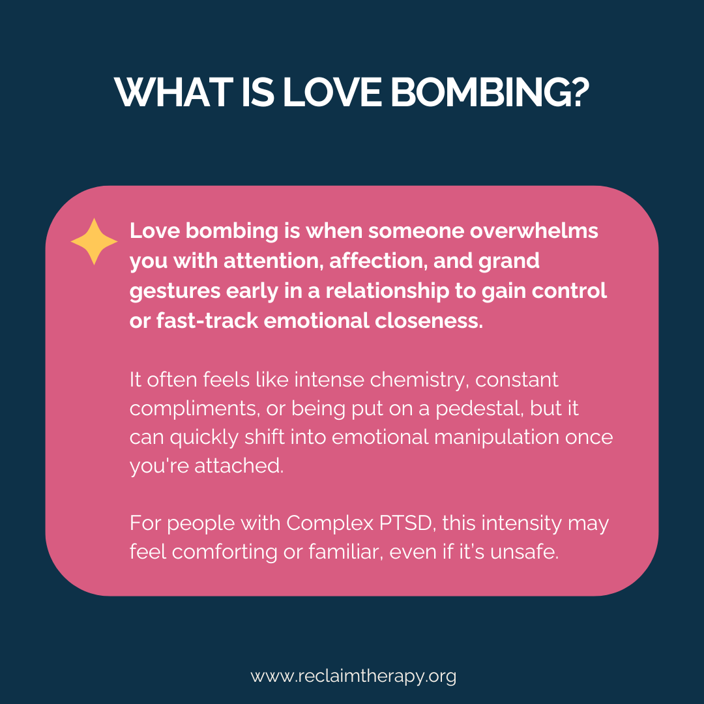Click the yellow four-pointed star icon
[x=94, y=242]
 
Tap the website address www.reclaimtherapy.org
[x=353, y=676]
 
